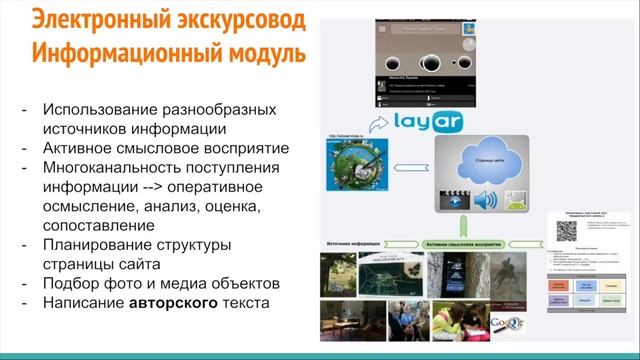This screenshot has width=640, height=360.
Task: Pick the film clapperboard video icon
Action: [x=450, y=200]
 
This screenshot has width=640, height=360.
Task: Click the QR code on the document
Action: [x=565, y=229]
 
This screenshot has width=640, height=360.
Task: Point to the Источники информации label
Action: [x=352, y=242]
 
